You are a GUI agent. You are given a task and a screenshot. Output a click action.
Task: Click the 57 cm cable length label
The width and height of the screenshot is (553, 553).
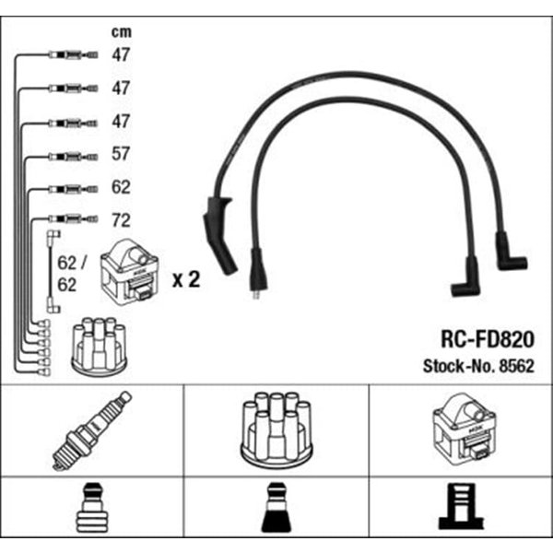[x=121, y=154]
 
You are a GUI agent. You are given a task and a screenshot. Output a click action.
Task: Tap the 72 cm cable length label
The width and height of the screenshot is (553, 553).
[x=121, y=220]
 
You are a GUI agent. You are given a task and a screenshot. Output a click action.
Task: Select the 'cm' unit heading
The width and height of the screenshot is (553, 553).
[x=122, y=32]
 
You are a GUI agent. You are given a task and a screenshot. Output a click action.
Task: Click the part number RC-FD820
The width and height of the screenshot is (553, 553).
[x=488, y=339]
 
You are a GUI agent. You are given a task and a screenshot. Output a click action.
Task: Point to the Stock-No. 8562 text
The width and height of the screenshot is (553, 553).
[x=478, y=366]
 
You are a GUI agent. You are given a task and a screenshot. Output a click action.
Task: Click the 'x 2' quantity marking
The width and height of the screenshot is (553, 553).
[x=186, y=279]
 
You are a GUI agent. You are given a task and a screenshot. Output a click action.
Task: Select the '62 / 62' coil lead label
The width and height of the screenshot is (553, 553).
[x=72, y=274]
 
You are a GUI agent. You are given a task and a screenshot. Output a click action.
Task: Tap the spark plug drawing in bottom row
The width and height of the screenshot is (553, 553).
[x=92, y=430]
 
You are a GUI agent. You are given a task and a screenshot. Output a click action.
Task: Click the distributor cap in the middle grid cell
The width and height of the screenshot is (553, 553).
[x=276, y=430]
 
